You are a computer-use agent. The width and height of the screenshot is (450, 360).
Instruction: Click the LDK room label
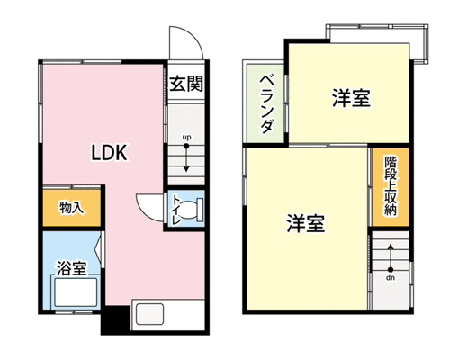(110, 153)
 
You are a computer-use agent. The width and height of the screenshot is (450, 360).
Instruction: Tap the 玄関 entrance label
(186, 84)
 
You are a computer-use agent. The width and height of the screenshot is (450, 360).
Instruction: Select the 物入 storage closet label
(71, 208)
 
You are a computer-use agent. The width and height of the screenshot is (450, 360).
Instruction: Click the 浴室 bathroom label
(72, 268)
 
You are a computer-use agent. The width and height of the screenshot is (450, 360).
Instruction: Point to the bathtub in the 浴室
(76, 292)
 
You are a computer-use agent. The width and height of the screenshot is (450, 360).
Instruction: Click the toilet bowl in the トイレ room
(191, 211)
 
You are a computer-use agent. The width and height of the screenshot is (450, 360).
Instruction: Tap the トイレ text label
(175, 211)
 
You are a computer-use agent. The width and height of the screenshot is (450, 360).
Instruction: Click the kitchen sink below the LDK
(149, 314)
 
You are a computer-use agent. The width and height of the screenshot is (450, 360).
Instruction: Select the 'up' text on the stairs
(186, 138)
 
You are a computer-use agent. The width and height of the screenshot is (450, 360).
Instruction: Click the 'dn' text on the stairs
(391, 278)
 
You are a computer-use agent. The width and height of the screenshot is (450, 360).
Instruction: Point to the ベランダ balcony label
(266, 104)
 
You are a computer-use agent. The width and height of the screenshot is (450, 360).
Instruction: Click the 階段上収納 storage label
(391, 186)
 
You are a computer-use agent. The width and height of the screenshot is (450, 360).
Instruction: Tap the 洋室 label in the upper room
(351, 98)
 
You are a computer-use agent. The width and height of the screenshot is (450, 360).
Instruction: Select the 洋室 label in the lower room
(305, 223)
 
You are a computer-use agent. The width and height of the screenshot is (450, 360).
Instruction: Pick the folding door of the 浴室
(100, 249)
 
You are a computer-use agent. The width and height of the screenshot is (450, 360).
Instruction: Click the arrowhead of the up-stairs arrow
(186, 169)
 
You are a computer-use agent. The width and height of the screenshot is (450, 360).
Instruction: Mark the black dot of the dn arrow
(391, 269)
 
